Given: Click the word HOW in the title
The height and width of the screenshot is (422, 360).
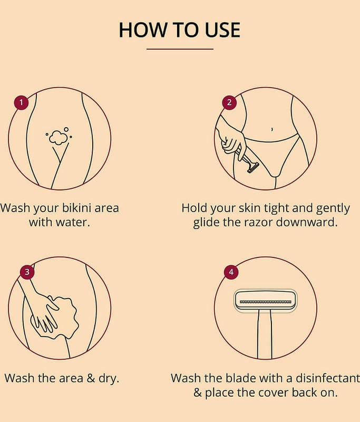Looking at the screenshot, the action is [x=143, y=30].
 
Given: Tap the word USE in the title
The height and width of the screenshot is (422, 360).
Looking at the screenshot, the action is [x=222, y=30].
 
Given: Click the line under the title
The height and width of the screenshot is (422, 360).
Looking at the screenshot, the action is [x=180, y=49].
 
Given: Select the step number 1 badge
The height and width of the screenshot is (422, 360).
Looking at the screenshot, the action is [x=22, y=102].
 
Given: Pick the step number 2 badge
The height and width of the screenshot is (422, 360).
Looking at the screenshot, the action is [x=229, y=102].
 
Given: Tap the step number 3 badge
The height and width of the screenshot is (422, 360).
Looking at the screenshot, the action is [x=27, y=272].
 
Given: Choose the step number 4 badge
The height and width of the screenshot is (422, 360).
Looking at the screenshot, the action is [x=231, y=272].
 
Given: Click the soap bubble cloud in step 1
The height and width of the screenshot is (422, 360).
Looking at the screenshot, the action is [x=59, y=138].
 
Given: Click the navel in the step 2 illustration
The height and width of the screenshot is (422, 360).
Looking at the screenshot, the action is [x=272, y=129].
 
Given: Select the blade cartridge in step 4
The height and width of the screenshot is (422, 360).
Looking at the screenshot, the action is [x=265, y=301].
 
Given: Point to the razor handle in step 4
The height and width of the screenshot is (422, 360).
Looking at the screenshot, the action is [x=265, y=335].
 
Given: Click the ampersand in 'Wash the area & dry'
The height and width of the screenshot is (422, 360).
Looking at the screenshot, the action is [x=91, y=378].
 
